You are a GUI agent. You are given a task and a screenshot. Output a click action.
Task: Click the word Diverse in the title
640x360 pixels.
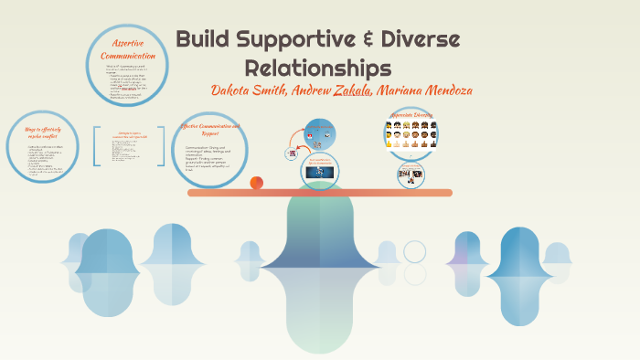[x=421, y=40]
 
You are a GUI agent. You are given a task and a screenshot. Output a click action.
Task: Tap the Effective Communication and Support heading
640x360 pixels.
[x=210, y=129]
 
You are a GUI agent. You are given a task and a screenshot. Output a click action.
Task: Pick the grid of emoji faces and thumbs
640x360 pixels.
[x=411, y=137]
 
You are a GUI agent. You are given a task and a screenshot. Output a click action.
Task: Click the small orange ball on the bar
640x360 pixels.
[x=257, y=183]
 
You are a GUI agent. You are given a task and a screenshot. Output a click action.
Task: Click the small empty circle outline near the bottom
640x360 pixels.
[x=415, y=251]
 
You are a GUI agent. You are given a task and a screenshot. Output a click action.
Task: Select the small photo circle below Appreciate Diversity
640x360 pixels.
[x=411, y=175]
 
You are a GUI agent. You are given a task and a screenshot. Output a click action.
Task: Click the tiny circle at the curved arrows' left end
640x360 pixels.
[x=293, y=154]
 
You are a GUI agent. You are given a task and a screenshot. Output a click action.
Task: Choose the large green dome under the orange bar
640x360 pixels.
[x=320, y=247]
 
